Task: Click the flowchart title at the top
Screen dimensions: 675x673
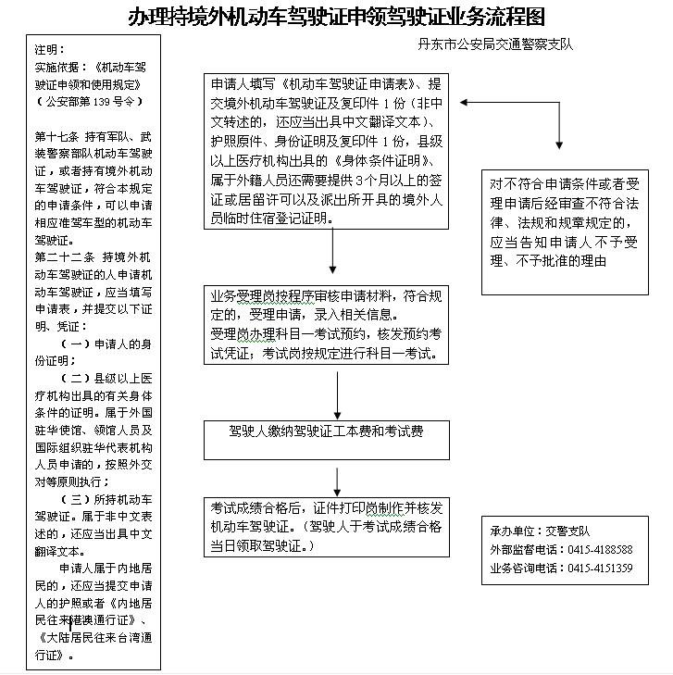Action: (336, 17)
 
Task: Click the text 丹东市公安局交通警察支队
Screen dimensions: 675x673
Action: (495, 44)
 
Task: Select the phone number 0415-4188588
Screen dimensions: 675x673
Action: (601, 549)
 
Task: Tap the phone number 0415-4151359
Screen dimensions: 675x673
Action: (601, 568)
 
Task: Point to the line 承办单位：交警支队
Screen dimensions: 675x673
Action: (541, 531)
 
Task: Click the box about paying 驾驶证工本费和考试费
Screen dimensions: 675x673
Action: (326, 431)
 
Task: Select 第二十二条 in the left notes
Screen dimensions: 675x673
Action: (61, 256)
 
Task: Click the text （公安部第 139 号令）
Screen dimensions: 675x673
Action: (88, 100)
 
